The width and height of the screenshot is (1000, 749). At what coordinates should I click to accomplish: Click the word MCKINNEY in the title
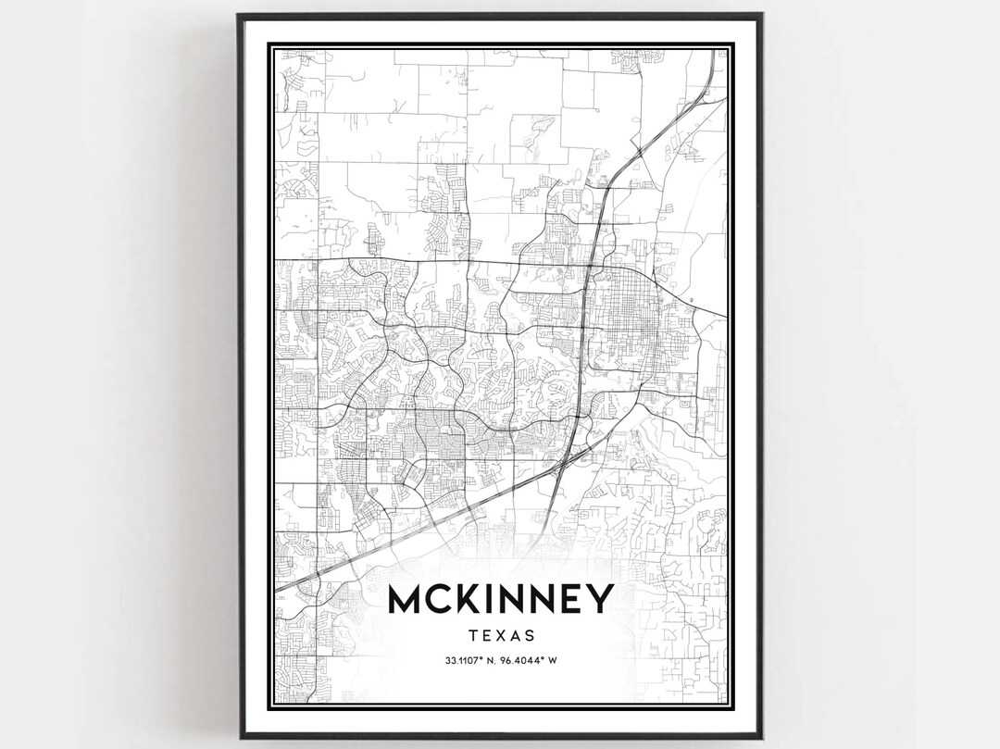pyautogui.click(x=500, y=600)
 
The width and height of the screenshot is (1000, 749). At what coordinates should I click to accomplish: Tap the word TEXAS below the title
pyautogui.click(x=500, y=636)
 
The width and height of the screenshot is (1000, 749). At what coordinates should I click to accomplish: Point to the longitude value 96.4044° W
pyautogui.click(x=531, y=660)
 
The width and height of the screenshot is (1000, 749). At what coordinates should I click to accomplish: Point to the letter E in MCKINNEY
pyautogui.click(x=570, y=600)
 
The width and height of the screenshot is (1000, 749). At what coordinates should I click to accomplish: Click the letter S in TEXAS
pyautogui.click(x=530, y=636)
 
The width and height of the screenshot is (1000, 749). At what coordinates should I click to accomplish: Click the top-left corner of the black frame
pyautogui.click(x=239, y=16)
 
